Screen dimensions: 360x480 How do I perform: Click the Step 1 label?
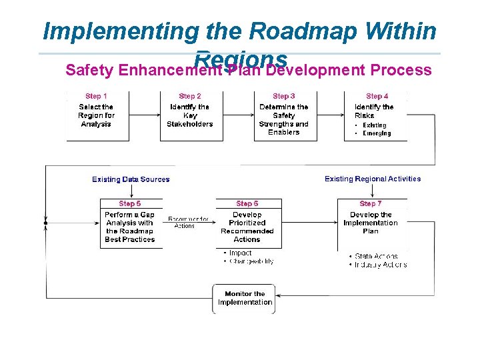tap(96, 96)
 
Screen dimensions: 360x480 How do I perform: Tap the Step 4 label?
tap(377, 96)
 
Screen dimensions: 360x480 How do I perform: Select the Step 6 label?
tap(247, 203)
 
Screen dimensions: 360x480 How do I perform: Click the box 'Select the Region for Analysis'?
tap(96, 115)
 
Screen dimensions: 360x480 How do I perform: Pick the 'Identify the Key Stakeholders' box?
tap(190, 115)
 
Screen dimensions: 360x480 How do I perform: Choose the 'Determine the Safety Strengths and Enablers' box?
tap(283, 119)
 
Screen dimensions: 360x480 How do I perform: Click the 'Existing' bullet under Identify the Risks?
tap(374, 125)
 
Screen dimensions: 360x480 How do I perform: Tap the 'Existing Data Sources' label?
tap(131, 179)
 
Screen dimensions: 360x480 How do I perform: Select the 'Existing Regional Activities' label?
tap(373, 179)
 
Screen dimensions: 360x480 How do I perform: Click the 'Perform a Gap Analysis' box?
tap(129, 227)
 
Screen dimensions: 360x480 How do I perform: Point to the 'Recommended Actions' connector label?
tap(188, 223)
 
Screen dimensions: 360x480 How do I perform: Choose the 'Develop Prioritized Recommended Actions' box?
tap(247, 227)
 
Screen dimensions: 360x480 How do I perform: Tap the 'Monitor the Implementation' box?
tap(245, 298)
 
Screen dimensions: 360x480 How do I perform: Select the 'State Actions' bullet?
tap(376, 256)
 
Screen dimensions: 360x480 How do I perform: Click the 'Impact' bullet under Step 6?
tap(240, 253)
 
